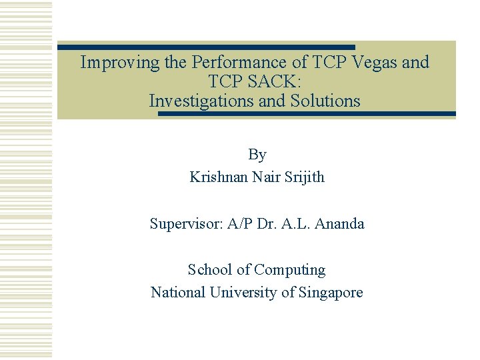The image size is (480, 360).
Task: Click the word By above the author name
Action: pos(257,155)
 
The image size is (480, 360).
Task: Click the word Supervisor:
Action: pos(187,224)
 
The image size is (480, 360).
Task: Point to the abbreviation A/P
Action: pos(239,224)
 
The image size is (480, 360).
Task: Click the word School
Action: pos(210,270)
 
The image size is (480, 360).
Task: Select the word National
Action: pos(179,292)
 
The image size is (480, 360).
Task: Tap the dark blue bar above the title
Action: pos(206,47)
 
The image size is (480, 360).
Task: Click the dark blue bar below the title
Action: pos(307,114)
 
